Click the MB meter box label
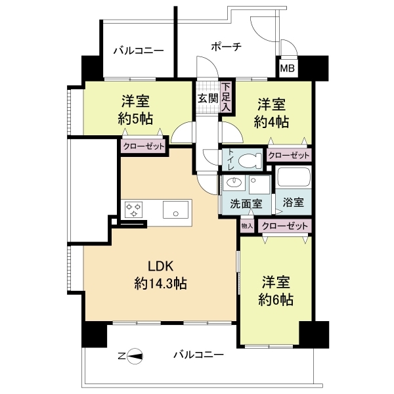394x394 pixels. [287, 68]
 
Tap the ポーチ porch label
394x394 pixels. [227, 47]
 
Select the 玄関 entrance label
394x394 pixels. [208, 98]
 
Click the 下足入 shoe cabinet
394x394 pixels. [226, 97]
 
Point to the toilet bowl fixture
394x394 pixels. [250, 160]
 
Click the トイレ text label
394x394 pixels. [231, 160]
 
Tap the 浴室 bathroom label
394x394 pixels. [294, 202]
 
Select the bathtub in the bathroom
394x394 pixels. [294, 178]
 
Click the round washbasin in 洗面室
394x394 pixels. [234, 182]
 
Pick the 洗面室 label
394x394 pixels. [246, 204]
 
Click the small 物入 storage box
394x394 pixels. [246, 226]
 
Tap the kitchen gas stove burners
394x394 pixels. [133, 210]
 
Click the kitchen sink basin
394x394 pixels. [175, 209]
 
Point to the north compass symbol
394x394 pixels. [135, 356]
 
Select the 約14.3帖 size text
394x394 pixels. [161, 284]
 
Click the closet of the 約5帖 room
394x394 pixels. [144, 146]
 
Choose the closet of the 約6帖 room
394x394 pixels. [285, 226]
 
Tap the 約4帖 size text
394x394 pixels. [271, 122]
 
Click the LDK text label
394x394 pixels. [161, 266]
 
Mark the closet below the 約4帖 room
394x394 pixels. [289, 155]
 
